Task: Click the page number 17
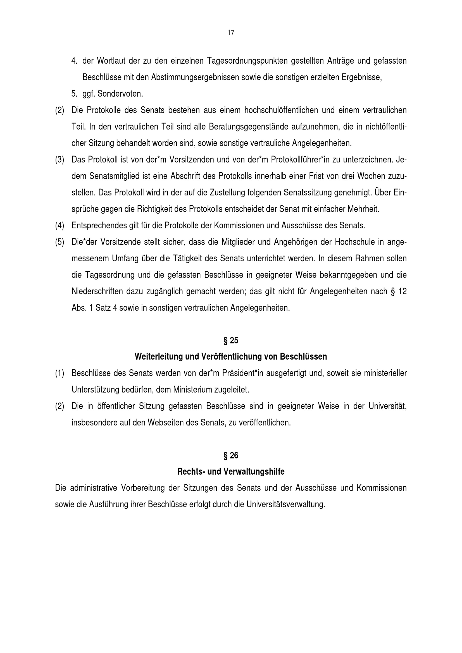point(231,33)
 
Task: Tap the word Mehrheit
point(363,209)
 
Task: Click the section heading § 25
point(231,340)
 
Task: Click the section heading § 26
point(231,456)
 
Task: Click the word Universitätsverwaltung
point(285,505)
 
